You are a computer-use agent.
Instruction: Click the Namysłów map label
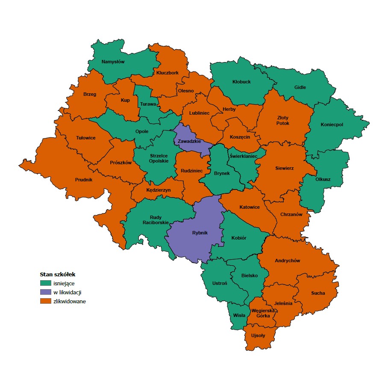113,62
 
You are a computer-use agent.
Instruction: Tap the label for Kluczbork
167,73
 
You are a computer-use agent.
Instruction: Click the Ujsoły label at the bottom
258,335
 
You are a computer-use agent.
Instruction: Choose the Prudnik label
83,180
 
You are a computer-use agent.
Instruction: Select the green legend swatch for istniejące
45,283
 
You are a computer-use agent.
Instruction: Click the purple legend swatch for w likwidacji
45,292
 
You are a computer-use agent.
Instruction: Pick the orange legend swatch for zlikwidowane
45,301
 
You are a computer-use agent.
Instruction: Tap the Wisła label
239,315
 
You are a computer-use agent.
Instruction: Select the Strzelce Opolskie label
159,158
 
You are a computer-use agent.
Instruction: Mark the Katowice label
250,207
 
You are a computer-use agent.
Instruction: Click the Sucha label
318,293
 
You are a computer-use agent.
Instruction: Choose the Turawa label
147,104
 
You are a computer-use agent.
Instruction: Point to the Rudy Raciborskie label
156,219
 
